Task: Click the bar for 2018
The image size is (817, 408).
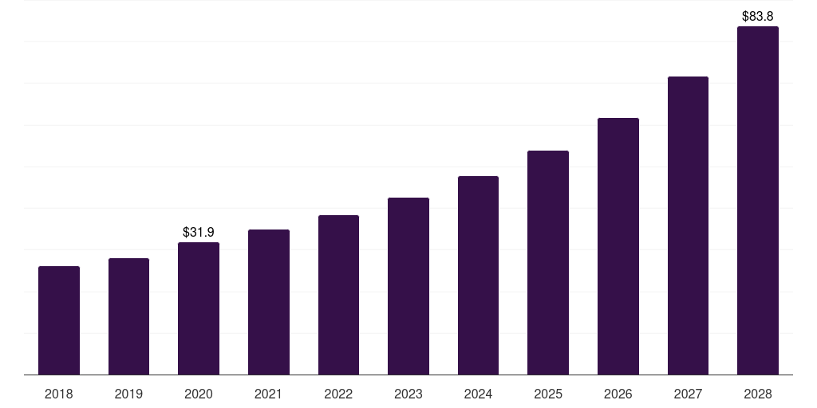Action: point(59,320)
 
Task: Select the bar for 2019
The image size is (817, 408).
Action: point(129,316)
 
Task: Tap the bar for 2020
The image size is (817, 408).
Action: point(199,308)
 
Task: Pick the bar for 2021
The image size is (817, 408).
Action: point(269,302)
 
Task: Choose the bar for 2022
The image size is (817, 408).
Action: point(338,295)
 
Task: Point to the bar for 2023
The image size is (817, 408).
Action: point(408,286)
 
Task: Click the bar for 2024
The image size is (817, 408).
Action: point(478,276)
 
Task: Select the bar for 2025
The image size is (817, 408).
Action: point(548,263)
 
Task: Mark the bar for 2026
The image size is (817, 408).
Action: point(618,246)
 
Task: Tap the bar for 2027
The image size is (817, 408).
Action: point(688,226)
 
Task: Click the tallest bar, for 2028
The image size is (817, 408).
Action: point(758,201)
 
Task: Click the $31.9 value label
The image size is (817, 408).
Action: point(199,233)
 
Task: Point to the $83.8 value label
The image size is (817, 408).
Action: point(758,16)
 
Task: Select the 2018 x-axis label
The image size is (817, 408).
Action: point(59,394)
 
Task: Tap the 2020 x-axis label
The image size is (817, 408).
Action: point(199,394)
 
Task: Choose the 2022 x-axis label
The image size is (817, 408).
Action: point(338,394)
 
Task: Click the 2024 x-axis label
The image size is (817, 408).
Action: point(478,394)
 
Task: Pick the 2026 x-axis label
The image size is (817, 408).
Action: point(618,394)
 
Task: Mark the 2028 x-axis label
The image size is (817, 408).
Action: point(758,394)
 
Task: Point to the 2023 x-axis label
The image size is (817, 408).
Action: point(408,394)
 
